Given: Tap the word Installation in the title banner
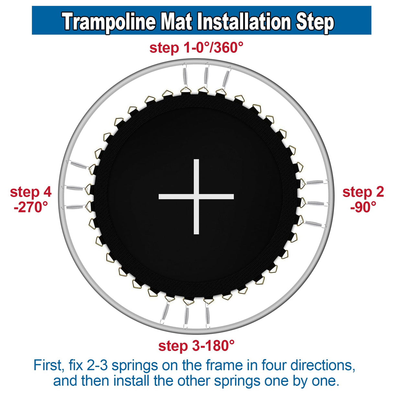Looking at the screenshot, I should (x=245, y=22).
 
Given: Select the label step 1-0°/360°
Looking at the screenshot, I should (x=196, y=48).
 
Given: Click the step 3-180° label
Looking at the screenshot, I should (x=196, y=346).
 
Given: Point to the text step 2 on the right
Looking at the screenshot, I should (x=363, y=192).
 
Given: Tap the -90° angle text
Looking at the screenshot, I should (x=363, y=207).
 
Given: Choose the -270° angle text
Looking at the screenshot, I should (x=31, y=207).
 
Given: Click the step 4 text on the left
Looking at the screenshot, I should (x=31, y=192).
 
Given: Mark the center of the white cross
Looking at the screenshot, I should (x=196, y=196).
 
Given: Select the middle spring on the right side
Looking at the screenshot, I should (x=316, y=203).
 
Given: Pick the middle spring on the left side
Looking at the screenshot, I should (x=75, y=188).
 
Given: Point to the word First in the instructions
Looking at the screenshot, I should (x=48, y=365).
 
